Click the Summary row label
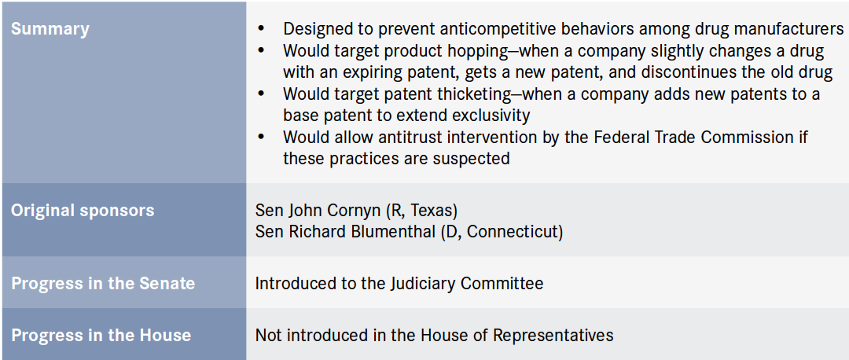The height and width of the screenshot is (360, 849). pos(50,29)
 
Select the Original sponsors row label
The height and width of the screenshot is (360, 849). pos(83,211)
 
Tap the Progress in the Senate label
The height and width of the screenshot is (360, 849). pos(103,283)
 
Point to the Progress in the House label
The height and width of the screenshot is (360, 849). pos(101,335)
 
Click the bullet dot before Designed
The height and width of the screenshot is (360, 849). pos(262,28)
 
